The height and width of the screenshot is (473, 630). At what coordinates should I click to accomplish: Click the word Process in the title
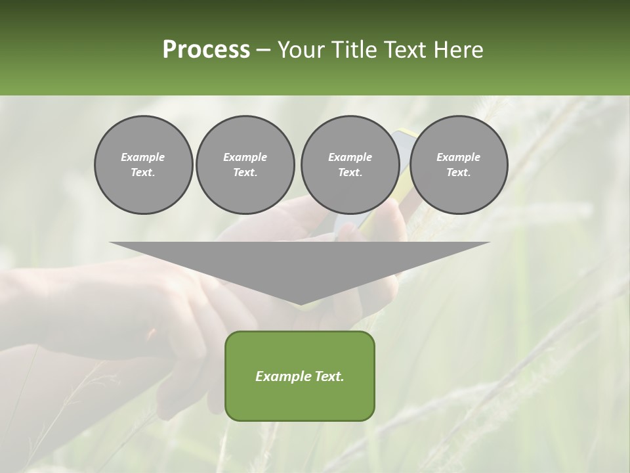click(206, 50)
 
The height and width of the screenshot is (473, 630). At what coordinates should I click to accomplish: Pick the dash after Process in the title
click(264, 51)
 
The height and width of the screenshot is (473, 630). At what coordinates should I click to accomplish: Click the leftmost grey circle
click(143, 165)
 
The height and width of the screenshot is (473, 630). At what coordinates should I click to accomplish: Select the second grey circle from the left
click(245, 165)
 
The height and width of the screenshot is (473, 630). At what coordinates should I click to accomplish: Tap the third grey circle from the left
click(350, 165)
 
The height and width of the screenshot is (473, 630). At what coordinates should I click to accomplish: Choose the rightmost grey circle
click(458, 165)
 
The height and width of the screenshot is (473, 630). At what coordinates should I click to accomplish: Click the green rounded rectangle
click(300, 394)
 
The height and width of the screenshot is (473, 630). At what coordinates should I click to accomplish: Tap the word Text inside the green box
click(328, 376)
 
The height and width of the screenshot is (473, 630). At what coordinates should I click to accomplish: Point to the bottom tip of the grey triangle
click(300, 304)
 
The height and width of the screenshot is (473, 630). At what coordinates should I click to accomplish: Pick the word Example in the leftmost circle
click(143, 157)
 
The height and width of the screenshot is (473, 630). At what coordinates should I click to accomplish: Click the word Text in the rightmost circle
click(458, 173)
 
